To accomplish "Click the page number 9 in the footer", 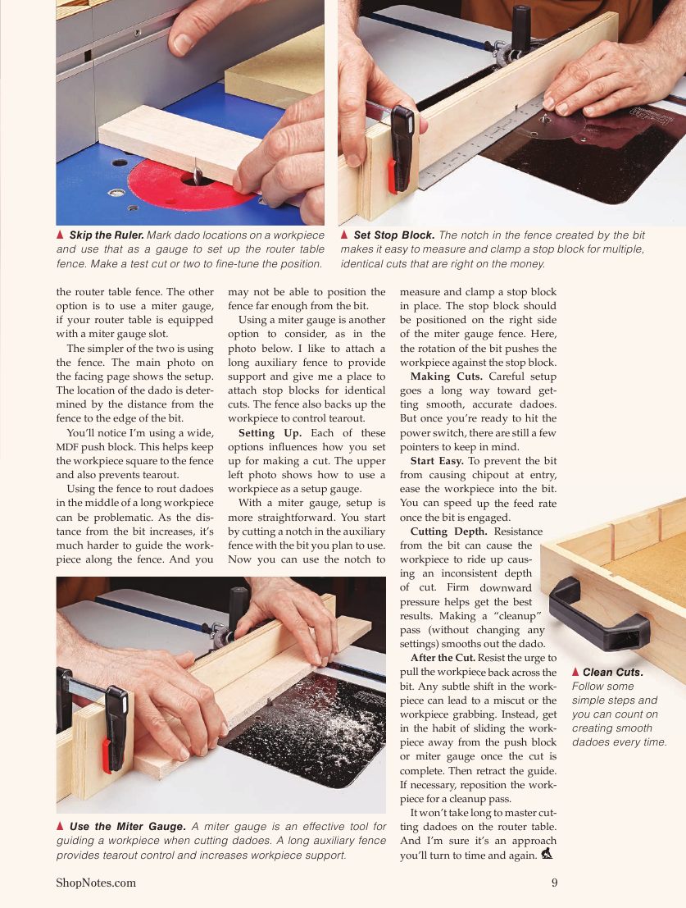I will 554,883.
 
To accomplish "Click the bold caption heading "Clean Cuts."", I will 612,673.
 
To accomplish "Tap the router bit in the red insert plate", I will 198,176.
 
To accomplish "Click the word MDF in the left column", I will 66,448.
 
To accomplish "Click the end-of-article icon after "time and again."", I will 547,855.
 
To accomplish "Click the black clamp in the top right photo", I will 401,148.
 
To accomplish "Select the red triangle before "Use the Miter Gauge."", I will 61,826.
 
